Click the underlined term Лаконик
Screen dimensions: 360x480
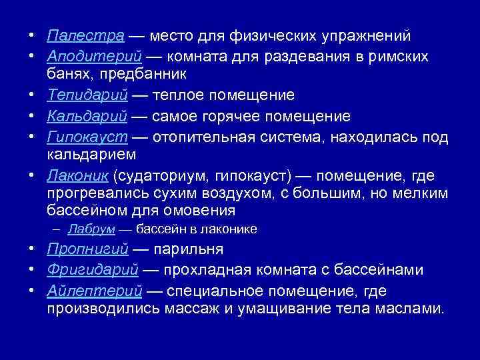tap(78, 175)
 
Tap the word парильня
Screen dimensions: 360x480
tap(188, 249)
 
